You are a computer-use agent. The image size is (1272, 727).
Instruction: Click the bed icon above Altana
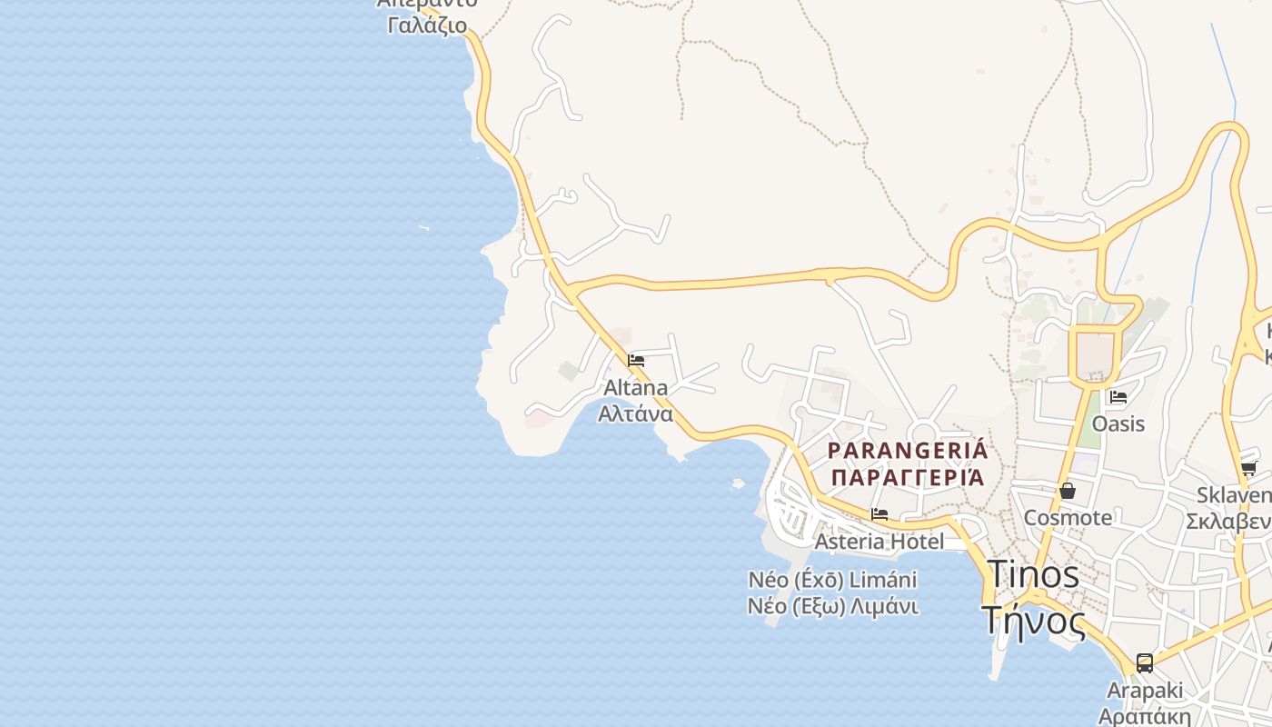[636, 361]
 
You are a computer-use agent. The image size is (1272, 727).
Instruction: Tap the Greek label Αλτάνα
[635, 414]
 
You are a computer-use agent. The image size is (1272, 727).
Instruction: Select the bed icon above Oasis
[1118, 397]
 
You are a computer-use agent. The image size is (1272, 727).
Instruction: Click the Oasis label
[1118, 424]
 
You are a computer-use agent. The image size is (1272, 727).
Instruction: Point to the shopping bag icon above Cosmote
[1068, 492]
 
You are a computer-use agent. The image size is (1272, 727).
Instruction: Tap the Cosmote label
[1068, 518]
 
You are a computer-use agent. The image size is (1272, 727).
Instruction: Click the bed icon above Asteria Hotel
[879, 514]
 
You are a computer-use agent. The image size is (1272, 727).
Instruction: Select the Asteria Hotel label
[879, 542]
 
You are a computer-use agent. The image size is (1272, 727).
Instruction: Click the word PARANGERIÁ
[907, 451]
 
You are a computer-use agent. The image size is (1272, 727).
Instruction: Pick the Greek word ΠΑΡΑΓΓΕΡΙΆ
[907, 477]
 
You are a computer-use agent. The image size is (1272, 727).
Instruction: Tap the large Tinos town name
[1033, 574]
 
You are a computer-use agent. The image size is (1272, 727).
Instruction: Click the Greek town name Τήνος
[1033, 622]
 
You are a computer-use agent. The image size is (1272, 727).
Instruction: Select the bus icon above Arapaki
[1144, 663]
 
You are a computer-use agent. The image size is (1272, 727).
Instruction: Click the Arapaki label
[1144, 691]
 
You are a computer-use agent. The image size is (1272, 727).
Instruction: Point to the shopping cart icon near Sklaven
[1248, 469]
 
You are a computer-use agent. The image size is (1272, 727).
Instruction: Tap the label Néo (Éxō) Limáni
[832, 580]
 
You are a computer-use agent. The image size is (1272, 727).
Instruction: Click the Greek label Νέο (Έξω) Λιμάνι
[832, 606]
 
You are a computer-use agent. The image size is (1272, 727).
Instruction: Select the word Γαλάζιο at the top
[427, 25]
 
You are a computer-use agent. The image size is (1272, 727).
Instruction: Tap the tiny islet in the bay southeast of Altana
[737, 483]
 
